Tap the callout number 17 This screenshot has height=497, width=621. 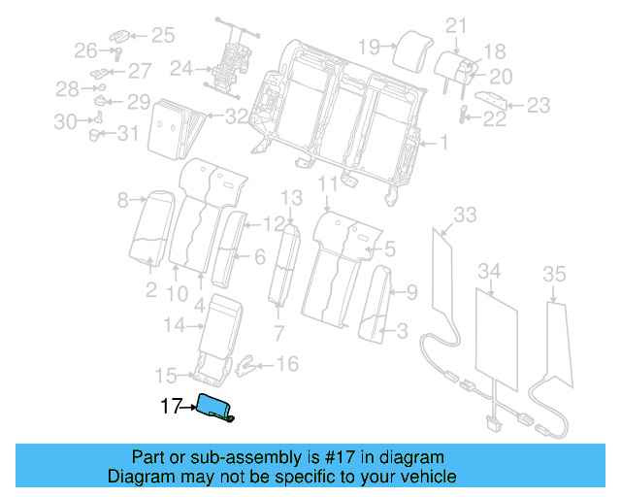click(x=171, y=407)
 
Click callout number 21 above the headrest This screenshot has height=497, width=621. click(x=456, y=26)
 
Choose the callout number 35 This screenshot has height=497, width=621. click(x=553, y=276)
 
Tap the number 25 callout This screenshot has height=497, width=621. click(x=162, y=36)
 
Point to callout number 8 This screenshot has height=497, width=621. click(x=123, y=201)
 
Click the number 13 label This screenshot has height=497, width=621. click(x=292, y=198)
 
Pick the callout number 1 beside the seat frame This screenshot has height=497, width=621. click(x=444, y=144)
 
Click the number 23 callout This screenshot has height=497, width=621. click(x=538, y=105)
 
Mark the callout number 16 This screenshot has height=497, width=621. click(x=287, y=364)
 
